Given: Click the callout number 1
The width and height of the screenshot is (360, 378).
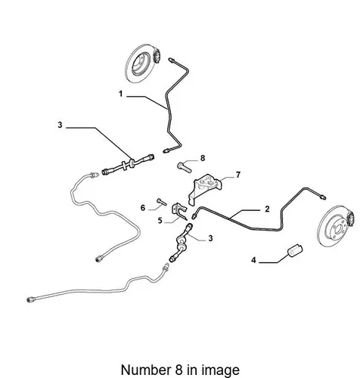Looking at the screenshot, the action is point(121,94).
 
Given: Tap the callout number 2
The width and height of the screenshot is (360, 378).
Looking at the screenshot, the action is point(267,209).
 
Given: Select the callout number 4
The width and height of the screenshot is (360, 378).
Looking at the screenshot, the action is point(253,260).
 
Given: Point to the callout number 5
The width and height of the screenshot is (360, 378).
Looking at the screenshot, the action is point(160,221).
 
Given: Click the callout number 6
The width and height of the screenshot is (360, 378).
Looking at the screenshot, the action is point(143,208).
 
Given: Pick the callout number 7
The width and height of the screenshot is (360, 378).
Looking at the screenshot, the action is point(238,175).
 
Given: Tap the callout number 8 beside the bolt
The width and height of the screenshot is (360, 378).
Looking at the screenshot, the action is point(203,158).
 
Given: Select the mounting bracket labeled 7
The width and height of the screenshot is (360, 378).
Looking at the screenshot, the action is point(205,189).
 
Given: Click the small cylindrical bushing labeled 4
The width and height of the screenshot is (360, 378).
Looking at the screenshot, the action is point(295,251).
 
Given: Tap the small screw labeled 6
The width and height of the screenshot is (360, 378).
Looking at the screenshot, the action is point(161,202).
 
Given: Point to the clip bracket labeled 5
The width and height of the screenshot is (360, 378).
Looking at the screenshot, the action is point(179,211).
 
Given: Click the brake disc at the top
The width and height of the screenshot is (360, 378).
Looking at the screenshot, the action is point(141,64).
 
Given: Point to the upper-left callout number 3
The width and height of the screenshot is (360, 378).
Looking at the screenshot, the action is point(60,125).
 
